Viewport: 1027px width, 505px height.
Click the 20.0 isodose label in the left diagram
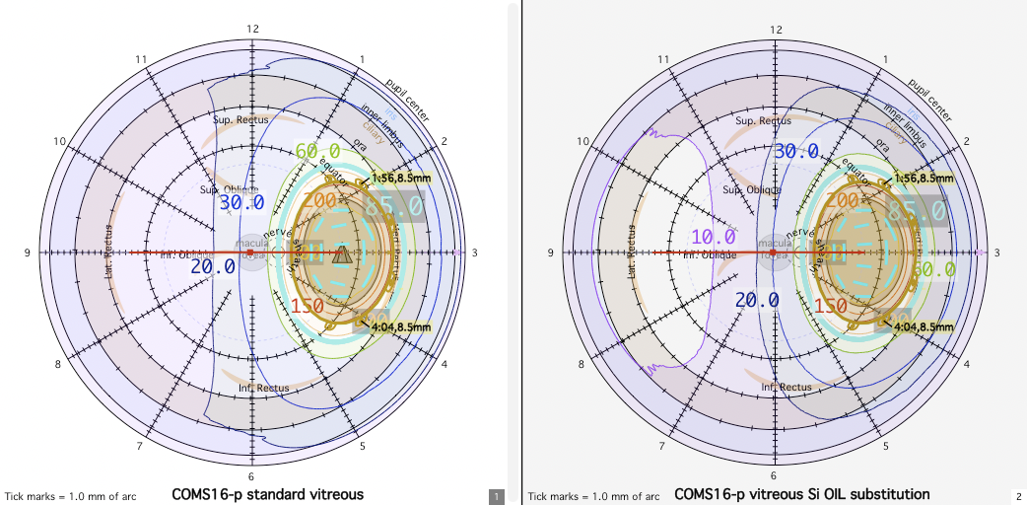point(213,266)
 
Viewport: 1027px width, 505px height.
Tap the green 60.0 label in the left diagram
point(318,151)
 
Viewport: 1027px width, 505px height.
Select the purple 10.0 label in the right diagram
point(714,238)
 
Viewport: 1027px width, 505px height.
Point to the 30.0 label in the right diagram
point(796,151)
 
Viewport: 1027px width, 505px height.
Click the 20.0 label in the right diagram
point(757,300)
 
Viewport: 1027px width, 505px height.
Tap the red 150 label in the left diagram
point(308,306)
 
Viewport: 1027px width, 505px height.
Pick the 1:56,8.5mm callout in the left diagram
point(400,178)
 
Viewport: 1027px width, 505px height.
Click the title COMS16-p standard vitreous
point(268,494)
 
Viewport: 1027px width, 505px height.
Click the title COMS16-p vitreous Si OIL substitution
point(801,494)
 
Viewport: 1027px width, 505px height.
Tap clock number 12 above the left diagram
point(253,29)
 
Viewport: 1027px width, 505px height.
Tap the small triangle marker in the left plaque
point(341,256)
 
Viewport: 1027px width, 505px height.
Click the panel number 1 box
point(497,496)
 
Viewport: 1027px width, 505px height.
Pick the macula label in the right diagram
point(774,243)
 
